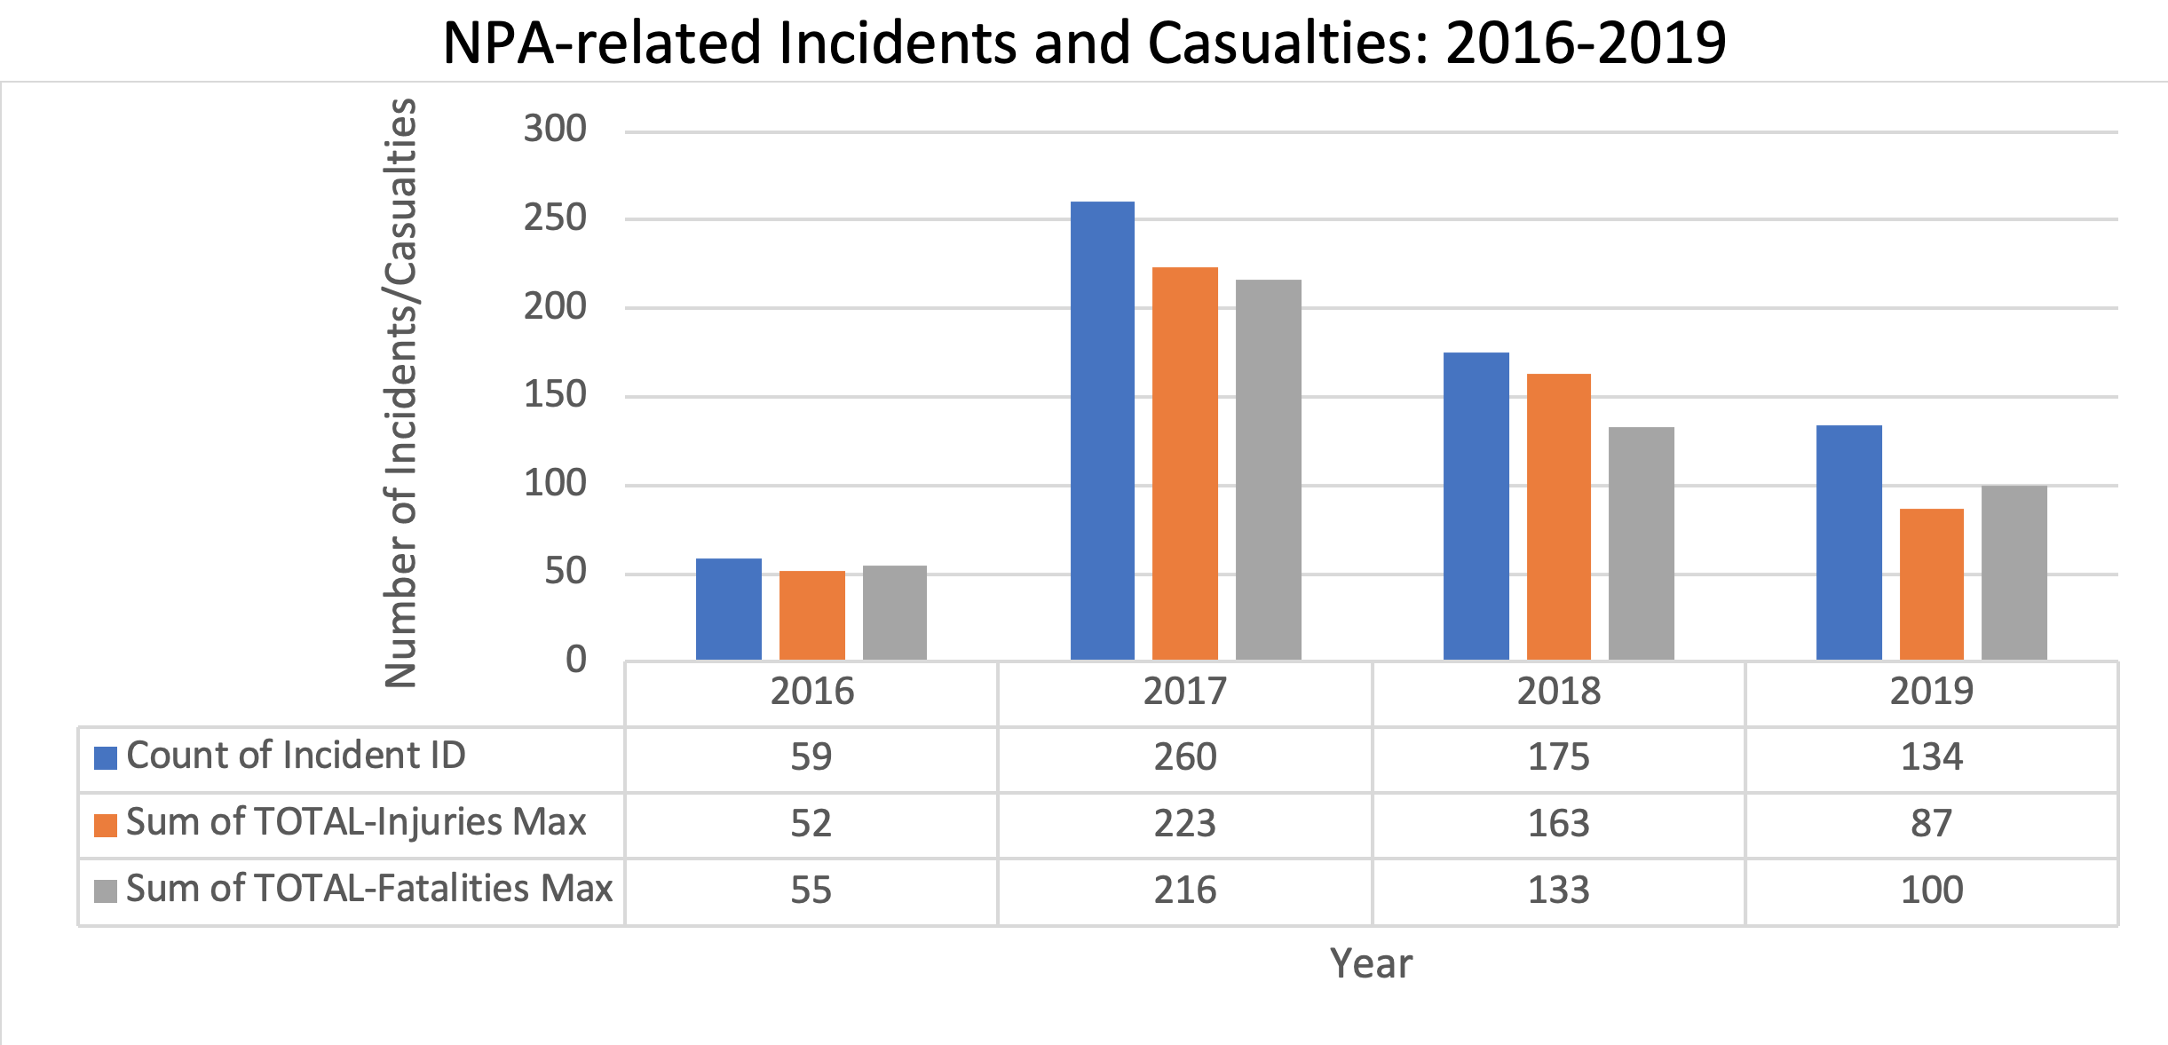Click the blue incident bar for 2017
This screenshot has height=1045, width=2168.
tap(1102, 431)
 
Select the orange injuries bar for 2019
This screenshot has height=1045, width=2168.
tap(1931, 584)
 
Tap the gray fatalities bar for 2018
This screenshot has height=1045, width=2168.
tap(1642, 543)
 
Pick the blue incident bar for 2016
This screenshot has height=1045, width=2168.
tap(728, 609)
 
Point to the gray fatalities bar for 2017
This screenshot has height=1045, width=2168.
tap(1268, 470)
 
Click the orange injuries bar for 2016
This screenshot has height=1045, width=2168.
tap(811, 615)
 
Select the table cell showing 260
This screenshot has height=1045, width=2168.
tap(1185, 757)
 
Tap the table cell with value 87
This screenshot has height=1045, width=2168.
tap(1931, 824)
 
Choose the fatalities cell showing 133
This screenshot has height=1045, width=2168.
tap(1558, 890)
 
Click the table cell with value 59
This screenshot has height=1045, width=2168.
tap(811, 757)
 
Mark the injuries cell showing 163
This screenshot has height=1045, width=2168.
tap(1558, 824)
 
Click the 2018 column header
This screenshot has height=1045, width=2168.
tap(1558, 692)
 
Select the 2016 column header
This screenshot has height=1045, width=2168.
tap(811, 692)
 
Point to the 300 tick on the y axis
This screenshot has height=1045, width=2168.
tap(555, 130)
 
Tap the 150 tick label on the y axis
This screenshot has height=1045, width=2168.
tap(555, 395)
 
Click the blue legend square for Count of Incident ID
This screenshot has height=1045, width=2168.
tap(106, 758)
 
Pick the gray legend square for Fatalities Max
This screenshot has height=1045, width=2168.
tap(106, 891)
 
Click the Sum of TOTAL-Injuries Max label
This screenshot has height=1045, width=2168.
tap(356, 822)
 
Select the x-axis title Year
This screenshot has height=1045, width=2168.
tap(1371, 964)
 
